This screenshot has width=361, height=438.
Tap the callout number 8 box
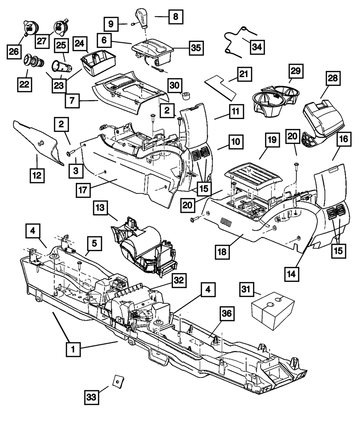(175, 17)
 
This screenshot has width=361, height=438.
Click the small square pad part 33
(118, 380)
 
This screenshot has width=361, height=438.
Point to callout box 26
(14, 52)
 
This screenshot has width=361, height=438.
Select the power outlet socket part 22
(33, 61)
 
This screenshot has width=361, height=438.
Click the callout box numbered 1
(73, 350)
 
